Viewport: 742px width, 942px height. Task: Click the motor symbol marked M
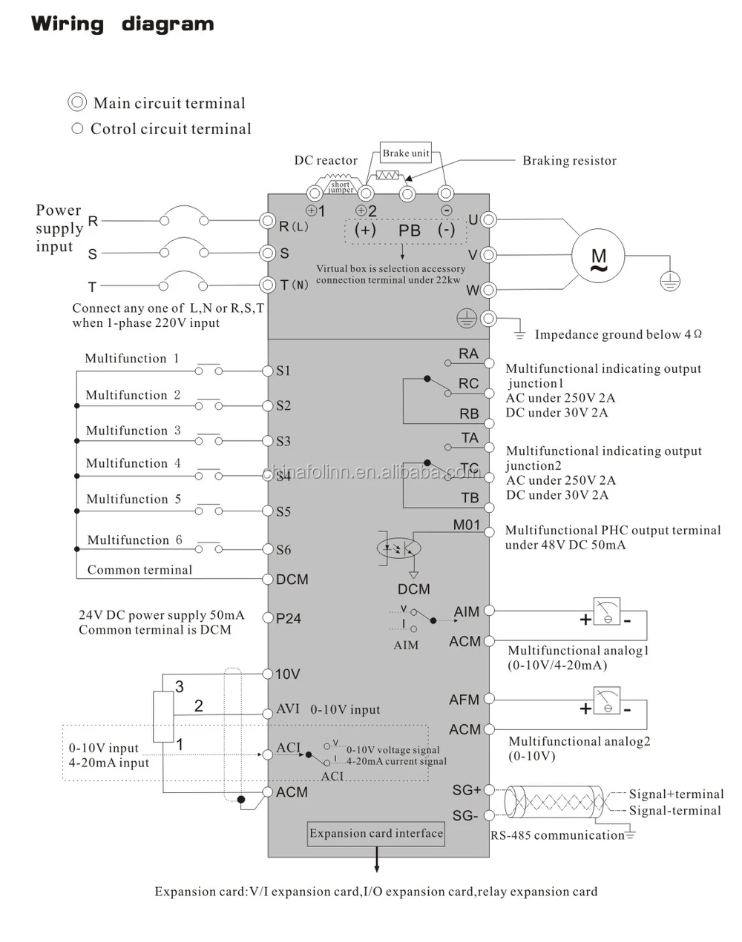(598, 256)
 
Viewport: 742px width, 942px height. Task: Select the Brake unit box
(406, 153)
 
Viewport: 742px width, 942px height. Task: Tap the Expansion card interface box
(376, 834)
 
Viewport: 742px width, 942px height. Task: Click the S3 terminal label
(283, 442)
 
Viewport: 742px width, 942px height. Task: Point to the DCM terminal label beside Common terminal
(292, 580)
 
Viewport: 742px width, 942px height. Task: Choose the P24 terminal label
(288, 619)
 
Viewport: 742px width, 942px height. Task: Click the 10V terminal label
(287, 674)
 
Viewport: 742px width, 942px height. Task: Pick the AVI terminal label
(288, 709)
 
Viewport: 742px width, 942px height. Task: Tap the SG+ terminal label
(467, 791)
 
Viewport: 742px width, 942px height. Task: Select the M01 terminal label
(467, 525)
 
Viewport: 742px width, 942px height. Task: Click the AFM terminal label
(464, 700)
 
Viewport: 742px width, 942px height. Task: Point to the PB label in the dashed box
(410, 230)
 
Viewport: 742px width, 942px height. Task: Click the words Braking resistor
(569, 161)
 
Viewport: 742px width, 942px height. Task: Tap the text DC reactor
(326, 161)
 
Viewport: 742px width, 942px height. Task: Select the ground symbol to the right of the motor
(670, 280)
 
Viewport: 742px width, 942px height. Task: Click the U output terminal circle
(488, 219)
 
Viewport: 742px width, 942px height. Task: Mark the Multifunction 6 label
(134, 540)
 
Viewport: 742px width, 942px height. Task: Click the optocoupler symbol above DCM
(399, 548)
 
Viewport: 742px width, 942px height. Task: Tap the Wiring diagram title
(122, 24)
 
